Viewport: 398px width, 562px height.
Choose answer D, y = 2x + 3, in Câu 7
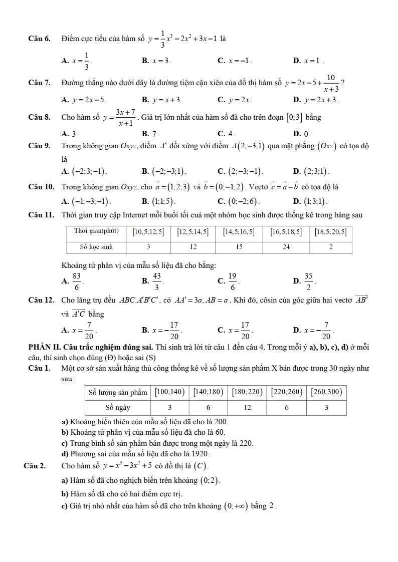tap(321, 100)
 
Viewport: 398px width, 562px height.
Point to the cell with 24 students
tap(286, 246)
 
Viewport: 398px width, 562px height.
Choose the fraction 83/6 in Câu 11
tap(77, 281)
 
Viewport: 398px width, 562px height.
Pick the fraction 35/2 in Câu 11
tap(308, 281)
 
